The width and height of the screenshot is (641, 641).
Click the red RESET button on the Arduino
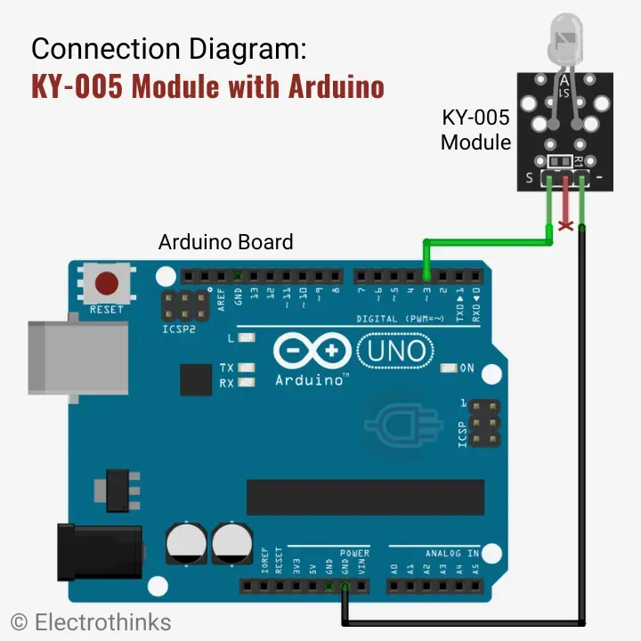click(x=107, y=283)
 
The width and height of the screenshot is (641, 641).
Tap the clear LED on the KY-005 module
click(x=564, y=41)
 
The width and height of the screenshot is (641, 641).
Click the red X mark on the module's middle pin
click(x=564, y=226)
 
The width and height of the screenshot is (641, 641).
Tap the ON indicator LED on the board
click(x=448, y=368)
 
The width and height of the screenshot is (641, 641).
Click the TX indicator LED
click(x=247, y=367)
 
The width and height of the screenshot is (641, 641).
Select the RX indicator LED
click(x=247, y=382)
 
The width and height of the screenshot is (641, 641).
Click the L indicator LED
click(x=247, y=338)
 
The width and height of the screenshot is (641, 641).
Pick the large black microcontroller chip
click(x=365, y=497)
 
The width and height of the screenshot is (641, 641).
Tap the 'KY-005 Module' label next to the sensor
click(x=475, y=129)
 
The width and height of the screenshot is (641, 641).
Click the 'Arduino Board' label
click(x=225, y=241)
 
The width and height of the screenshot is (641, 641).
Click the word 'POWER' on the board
click(x=354, y=553)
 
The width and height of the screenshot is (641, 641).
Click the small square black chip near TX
click(x=195, y=378)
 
